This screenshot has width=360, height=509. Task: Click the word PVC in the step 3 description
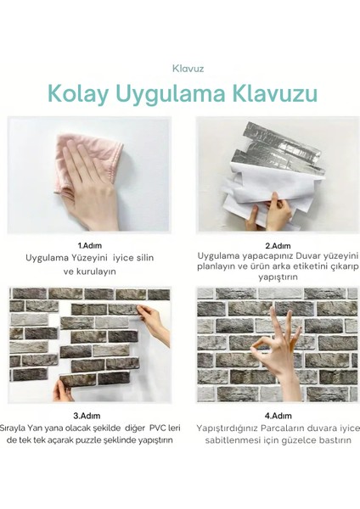pos(142,428)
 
